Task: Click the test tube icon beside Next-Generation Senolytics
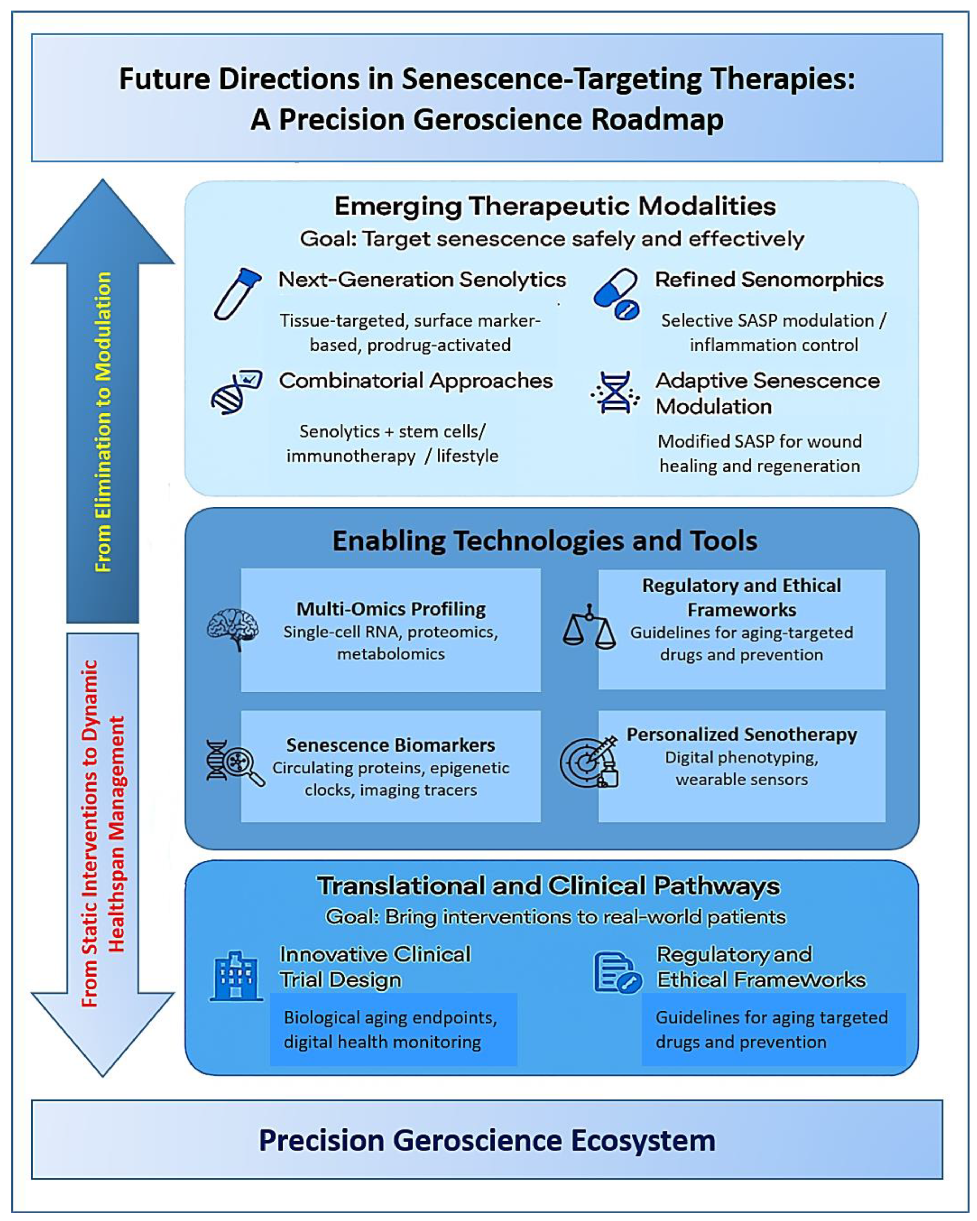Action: tap(237, 294)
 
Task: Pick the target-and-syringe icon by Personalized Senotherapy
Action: tap(589, 761)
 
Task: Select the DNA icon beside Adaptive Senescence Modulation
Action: tap(615, 393)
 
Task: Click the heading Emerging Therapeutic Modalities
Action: tap(555, 206)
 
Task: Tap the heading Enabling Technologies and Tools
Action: tap(545, 541)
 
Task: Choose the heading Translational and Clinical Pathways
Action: tap(548, 886)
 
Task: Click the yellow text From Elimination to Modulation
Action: tap(103, 422)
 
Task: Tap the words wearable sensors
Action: tap(741, 780)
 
